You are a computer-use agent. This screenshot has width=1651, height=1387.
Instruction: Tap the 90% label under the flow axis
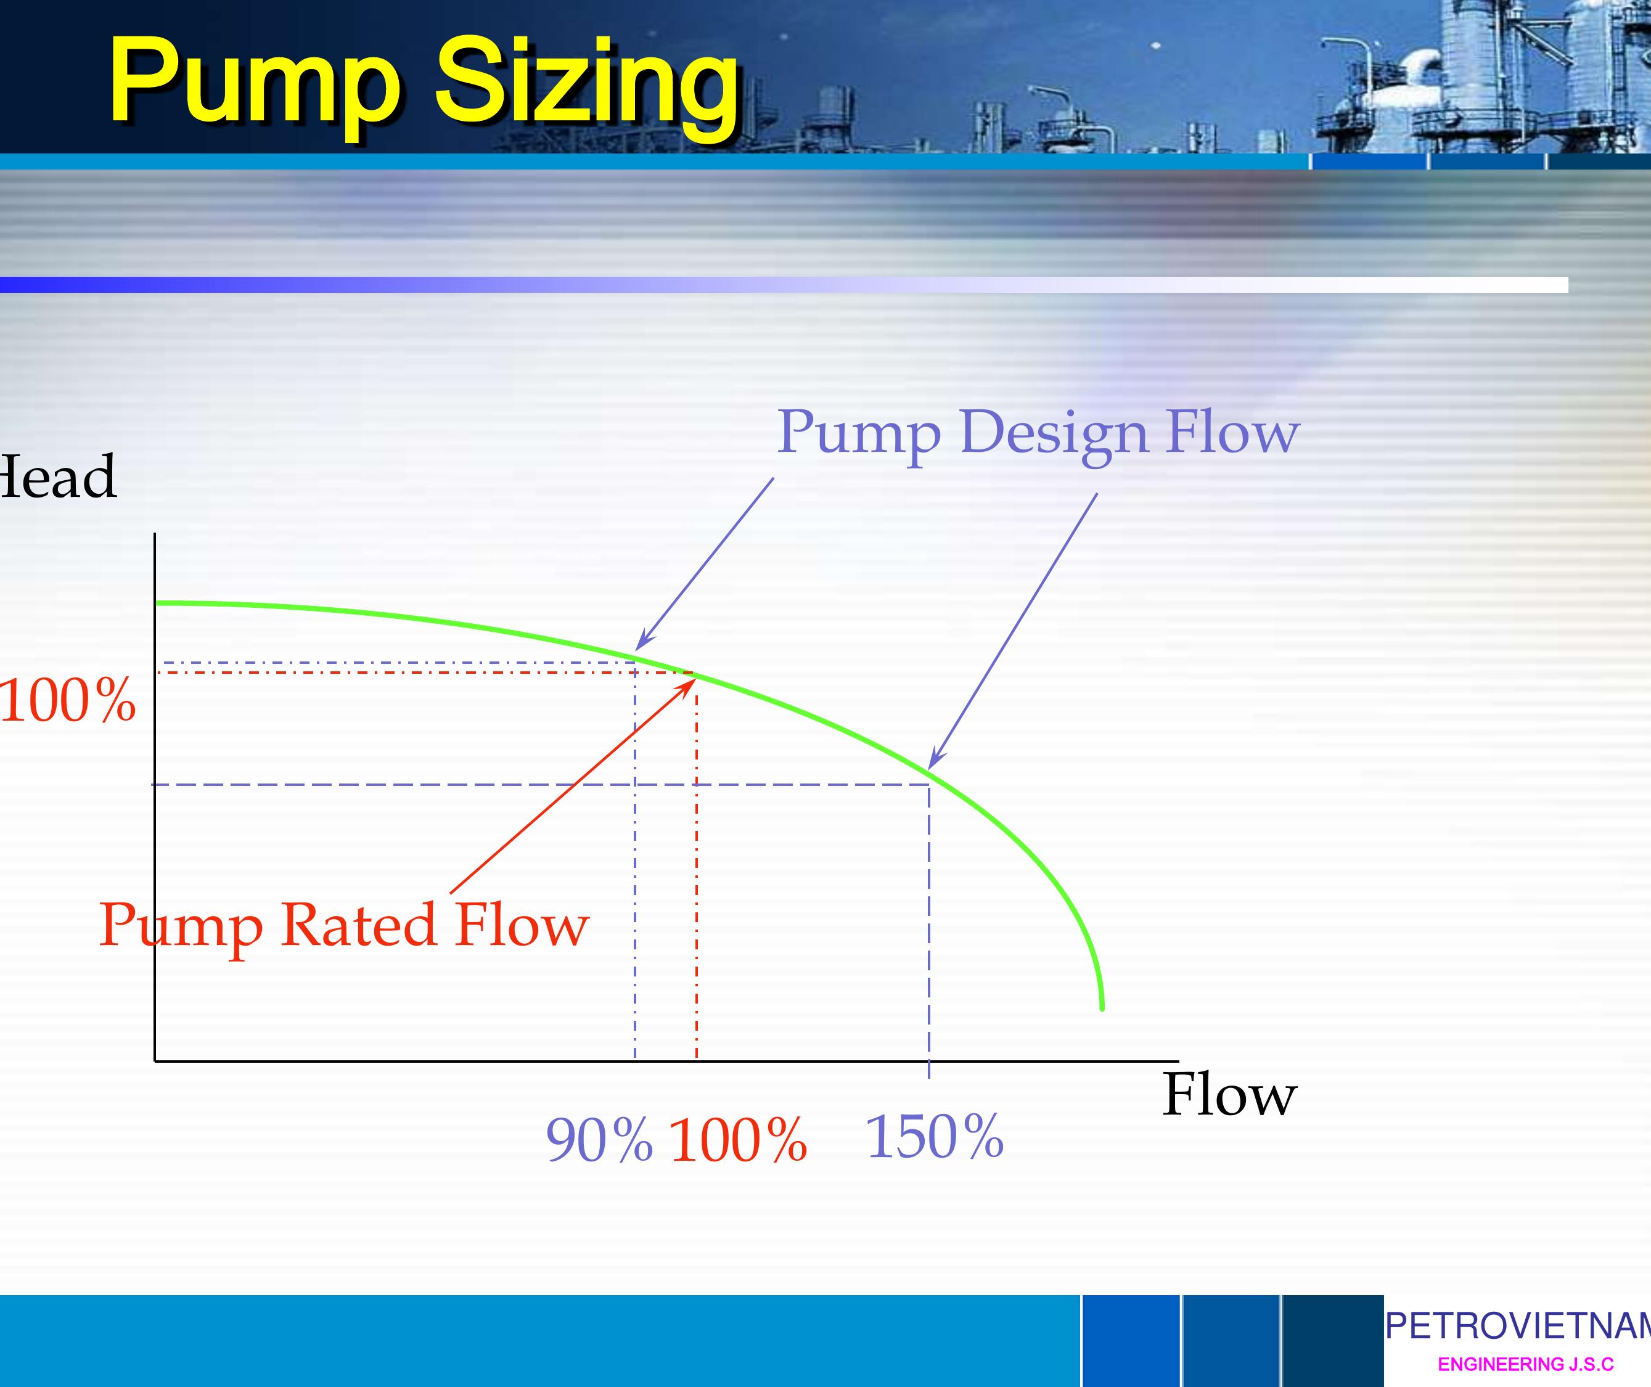pyautogui.click(x=599, y=1140)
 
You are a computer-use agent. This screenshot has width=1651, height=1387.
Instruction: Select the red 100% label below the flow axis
pyautogui.click(x=737, y=1140)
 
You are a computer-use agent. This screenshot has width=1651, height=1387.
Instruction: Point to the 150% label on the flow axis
pyautogui.click(x=934, y=1136)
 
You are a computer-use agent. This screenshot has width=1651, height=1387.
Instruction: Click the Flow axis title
pyautogui.click(x=1229, y=1095)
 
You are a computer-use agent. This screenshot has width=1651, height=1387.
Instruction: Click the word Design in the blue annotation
pyautogui.click(x=1054, y=433)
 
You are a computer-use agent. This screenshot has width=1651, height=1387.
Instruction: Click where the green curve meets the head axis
pyautogui.click(x=159, y=603)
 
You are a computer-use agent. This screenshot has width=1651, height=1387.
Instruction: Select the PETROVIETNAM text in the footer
pyautogui.click(x=1517, y=1327)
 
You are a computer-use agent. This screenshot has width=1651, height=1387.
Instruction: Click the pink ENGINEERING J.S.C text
pyautogui.click(x=1525, y=1364)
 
